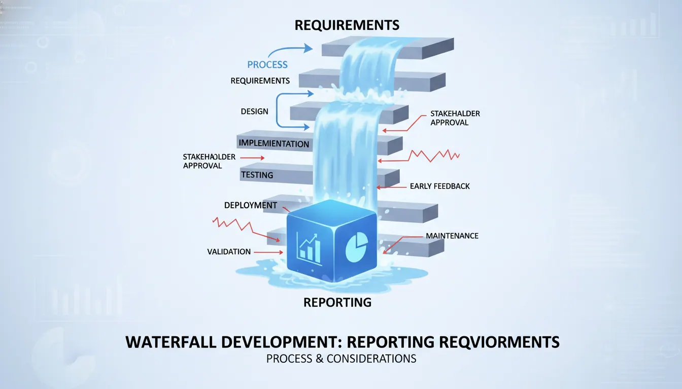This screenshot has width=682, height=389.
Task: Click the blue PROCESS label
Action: coord(267,65)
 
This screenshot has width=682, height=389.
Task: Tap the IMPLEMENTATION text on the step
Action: coord(274,143)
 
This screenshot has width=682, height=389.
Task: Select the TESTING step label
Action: coord(257,175)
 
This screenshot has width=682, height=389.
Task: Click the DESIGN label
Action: coord(255,111)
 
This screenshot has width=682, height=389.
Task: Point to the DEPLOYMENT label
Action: coord(251,205)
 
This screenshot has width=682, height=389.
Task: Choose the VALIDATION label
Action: coord(229,252)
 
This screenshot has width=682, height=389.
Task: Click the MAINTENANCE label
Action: coord(452,236)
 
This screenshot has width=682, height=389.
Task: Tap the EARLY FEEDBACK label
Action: coord(439,186)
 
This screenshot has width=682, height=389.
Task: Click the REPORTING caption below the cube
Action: coord(337,302)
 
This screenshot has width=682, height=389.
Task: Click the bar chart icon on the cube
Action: coord(309,249)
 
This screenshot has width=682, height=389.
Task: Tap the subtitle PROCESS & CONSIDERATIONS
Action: coord(341,359)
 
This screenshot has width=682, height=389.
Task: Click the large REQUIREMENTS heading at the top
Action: coord(347,25)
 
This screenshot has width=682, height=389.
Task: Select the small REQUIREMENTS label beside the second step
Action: coord(260,81)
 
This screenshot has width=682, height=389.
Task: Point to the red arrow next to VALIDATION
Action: coord(268,252)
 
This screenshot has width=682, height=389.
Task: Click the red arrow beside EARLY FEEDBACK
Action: coord(392,187)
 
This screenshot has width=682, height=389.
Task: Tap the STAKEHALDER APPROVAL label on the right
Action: coord(455,118)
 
